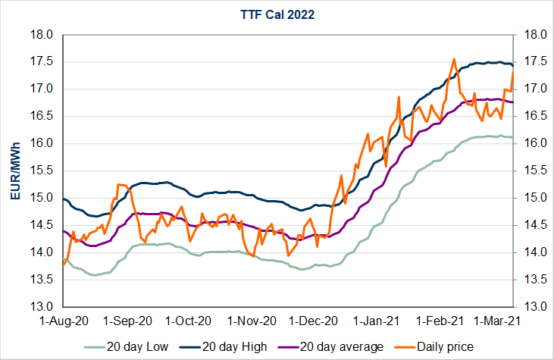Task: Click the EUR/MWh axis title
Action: click(15, 171)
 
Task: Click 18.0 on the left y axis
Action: click(42, 35)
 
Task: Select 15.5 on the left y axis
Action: click(42, 171)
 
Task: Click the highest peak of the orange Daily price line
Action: click(453, 59)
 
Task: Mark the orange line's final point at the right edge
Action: click(513, 72)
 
